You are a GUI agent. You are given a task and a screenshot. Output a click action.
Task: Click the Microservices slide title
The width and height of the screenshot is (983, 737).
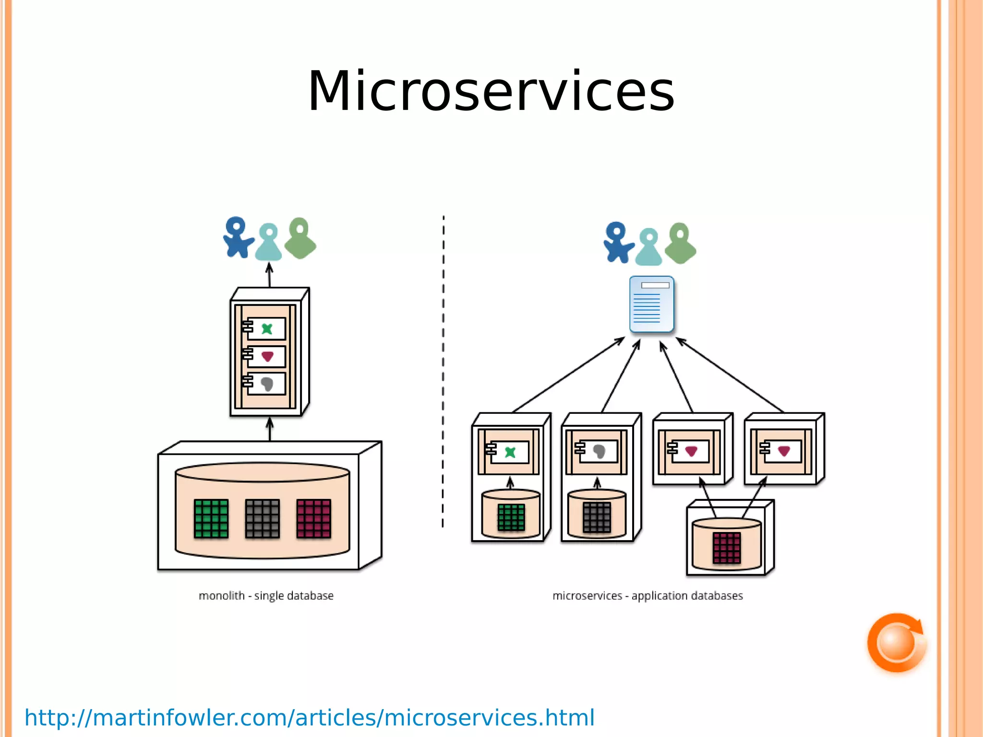pos(491,91)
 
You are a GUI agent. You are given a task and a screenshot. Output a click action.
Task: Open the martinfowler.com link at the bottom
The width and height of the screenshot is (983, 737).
pos(310,718)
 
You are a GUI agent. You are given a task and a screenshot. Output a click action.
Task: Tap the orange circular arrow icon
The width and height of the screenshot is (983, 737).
pos(896,642)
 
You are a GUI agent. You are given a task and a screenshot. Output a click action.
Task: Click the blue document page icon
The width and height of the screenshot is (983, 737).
pos(651,304)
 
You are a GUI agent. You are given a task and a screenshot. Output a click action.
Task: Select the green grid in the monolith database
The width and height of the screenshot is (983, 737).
pos(211,519)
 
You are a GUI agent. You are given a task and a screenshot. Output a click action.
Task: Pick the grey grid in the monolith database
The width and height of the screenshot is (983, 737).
pos(262,519)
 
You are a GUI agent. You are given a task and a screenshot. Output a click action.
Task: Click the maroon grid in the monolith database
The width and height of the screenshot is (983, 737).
pos(313,519)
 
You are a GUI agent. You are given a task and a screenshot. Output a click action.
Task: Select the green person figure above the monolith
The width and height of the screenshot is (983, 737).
pos(300,239)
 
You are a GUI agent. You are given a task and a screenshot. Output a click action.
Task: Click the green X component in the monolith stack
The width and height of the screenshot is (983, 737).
pos(267,329)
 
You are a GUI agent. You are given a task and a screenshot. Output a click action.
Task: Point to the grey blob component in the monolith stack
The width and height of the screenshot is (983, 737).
pos(267,384)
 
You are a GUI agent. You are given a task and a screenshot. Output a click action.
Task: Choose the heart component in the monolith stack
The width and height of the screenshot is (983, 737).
pos(267,356)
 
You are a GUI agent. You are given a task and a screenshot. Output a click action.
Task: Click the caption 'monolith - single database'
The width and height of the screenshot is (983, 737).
pos(266,596)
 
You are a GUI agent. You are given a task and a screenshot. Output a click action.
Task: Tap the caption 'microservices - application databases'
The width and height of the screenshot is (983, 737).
pos(647,596)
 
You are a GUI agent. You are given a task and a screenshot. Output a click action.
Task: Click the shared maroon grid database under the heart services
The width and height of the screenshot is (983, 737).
pos(727,547)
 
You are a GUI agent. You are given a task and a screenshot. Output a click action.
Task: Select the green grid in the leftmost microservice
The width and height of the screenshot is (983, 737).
pos(511,517)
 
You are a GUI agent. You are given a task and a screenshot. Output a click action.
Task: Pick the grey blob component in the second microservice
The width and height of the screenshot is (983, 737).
pos(599,451)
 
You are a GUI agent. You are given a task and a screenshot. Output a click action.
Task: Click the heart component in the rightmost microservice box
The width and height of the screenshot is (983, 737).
pos(784,451)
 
